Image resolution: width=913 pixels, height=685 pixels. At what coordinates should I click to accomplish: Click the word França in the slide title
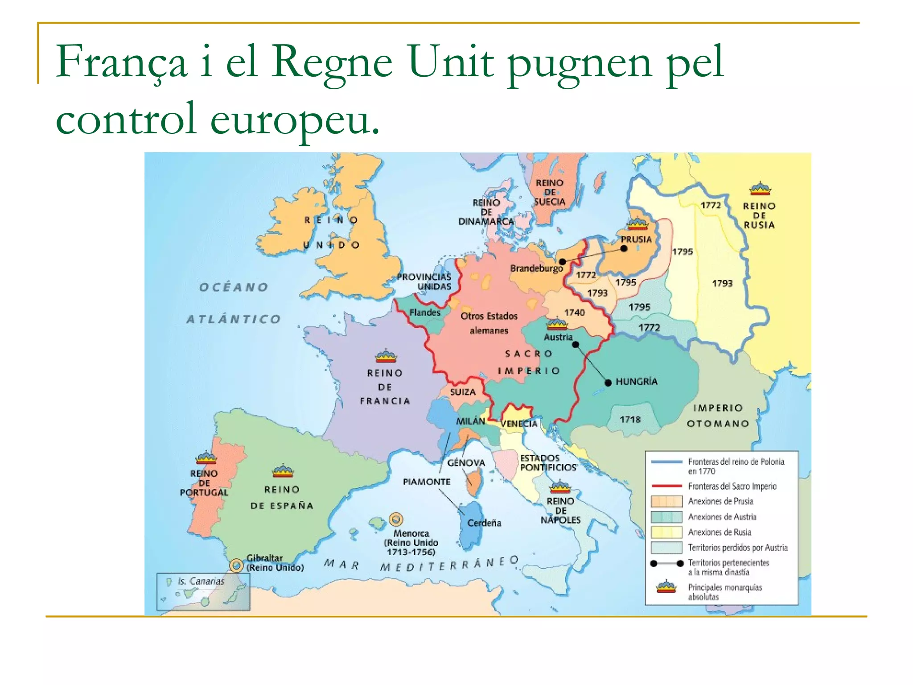(x=121, y=62)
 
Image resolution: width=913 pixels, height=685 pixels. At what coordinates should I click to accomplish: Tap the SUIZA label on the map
(x=463, y=392)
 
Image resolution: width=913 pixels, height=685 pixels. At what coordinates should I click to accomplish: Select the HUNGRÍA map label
(x=636, y=381)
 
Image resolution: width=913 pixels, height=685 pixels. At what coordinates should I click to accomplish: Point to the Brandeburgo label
(x=537, y=268)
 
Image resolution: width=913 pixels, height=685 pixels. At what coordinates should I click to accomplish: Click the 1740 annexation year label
(x=574, y=313)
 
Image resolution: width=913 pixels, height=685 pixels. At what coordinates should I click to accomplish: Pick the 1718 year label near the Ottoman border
(x=630, y=419)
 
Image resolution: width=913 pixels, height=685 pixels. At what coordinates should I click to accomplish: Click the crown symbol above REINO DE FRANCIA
(x=386, y=356)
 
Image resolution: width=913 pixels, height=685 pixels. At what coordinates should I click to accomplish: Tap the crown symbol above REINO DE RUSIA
(x=760, y=189)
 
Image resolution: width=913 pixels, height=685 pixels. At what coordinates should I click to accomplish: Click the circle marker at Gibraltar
(x=237, y=565)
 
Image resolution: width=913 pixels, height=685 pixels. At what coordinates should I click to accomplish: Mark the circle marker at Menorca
(x=396, y=519)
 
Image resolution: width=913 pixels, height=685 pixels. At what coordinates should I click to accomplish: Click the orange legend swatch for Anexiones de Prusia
(x=666, y=501)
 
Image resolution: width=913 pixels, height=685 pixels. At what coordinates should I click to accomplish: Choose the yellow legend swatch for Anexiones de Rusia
(x=666, y=532)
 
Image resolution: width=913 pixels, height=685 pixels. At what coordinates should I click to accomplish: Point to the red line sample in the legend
(x=666, y=486)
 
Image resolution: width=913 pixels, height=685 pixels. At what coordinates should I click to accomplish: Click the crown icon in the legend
(x=666, y=587)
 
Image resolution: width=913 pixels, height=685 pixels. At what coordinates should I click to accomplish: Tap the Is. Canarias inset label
(x=201, y=581)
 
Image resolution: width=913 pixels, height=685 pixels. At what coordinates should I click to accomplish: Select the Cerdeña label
(x=484, y=523)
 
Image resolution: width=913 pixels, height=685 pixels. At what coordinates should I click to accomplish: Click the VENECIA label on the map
(x=519, y=424)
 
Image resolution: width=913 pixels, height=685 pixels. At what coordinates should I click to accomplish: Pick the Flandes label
(x=425, y=312)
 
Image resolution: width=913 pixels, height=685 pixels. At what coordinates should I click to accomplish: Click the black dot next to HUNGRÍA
(x=608, y=383)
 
